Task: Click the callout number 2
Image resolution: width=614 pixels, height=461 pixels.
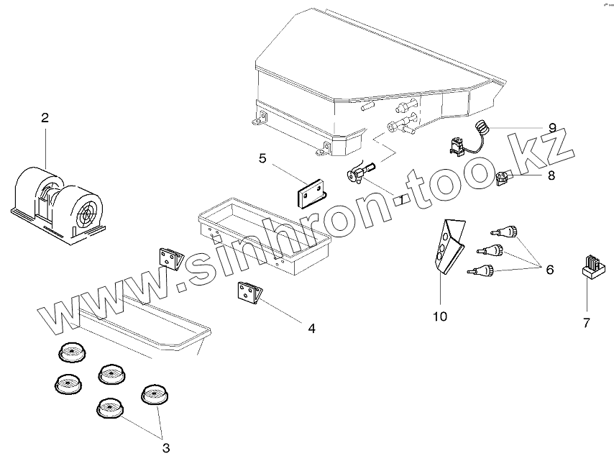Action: pyautogui.click(x=45, y=118)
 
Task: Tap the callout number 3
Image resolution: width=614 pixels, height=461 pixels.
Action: pyautogui.click(x=166, y=448)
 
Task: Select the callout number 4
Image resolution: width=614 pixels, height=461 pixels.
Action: pyautogui.click(x=311, y=329)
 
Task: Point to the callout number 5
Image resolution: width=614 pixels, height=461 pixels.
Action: pyautogui.click(x=262, y=158)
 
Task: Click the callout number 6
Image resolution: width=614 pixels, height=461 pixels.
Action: pyautogui.click(x=549, y=270)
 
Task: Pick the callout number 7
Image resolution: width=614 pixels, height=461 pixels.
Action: pyautogui.click(x=586, y=323)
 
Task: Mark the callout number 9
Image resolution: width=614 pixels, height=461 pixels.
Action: pyautogui.click(x=551, y=127)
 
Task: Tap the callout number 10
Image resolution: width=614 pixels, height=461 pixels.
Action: pyautogui.click(x=440, y=315)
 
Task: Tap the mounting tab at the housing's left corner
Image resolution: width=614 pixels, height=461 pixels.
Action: pyautogui.click(x=257, y=123)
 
